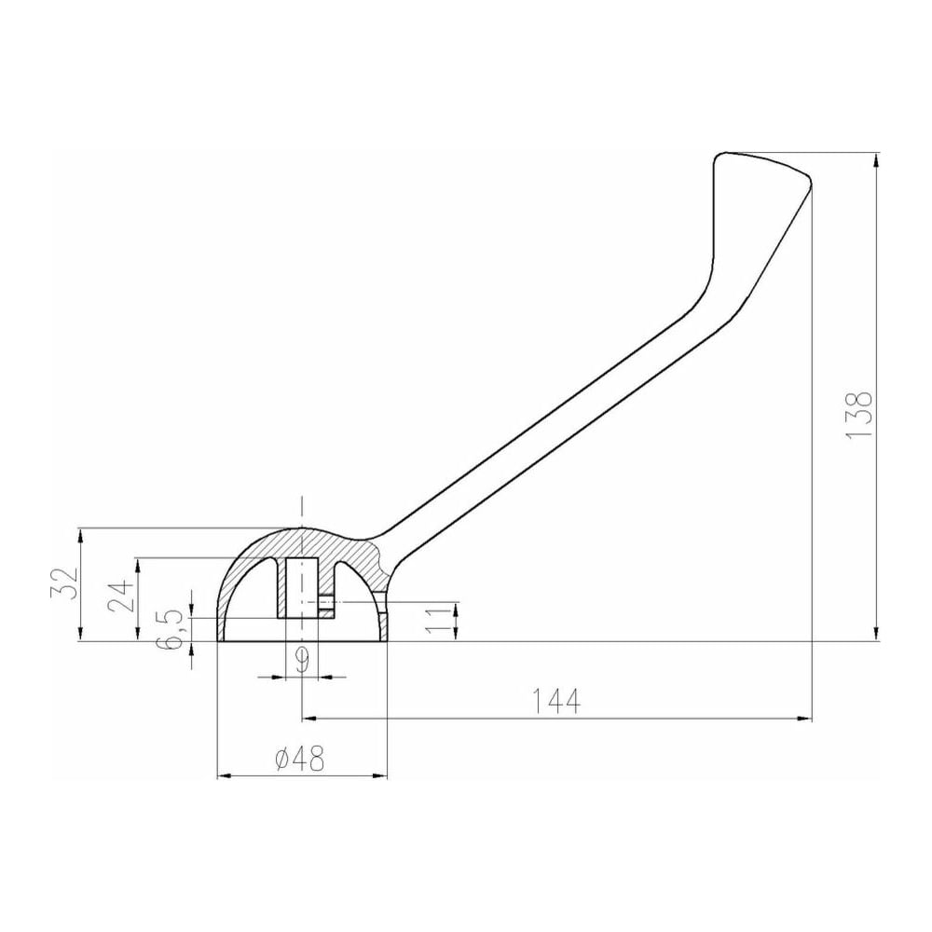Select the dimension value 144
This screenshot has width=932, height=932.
(556, 702)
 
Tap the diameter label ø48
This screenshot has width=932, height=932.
(301, 759)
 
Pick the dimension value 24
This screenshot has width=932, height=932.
(122, 596)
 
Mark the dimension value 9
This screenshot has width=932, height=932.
(303, 660)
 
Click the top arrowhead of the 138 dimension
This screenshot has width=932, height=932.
(878, 160)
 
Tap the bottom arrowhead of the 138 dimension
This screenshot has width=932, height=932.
(878, 634)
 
